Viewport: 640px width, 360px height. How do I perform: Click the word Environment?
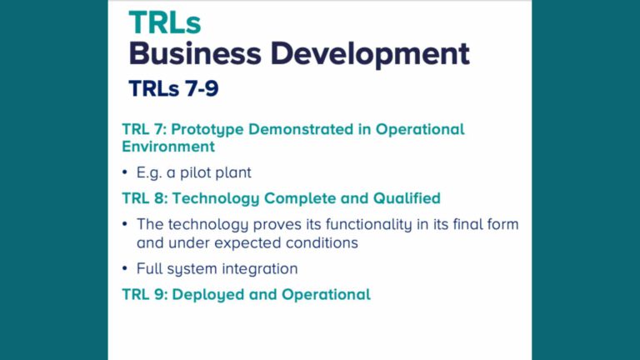[x=168, y=147]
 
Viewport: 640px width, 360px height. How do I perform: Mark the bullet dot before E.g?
[x=126, y=173]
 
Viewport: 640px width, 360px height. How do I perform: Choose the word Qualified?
[x=403, y=198]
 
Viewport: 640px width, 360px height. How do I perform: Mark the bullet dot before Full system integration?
[x=126, y=269]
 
